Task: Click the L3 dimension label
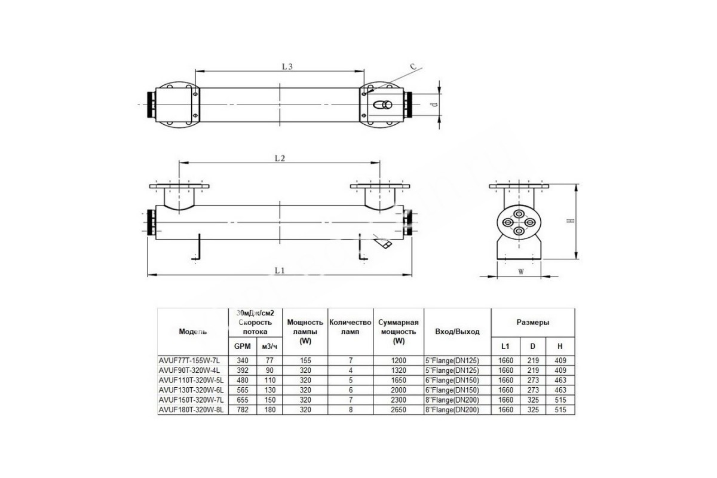click(287, 66)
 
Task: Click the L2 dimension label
click(280, 158)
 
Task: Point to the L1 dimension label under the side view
click(280, 271)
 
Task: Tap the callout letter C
click(413, 66)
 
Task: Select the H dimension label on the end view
click(571, 220)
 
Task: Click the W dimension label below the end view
click(521, 272)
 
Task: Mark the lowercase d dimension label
click(434, 105)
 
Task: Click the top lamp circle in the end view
click(519, 214)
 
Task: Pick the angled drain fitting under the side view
click(383, 241)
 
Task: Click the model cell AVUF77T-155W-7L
click(189, 360)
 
